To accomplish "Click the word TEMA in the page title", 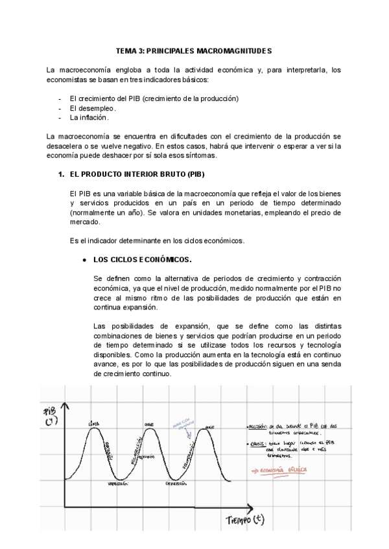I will click(126, 50).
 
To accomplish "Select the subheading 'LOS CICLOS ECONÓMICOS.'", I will click(143, 260).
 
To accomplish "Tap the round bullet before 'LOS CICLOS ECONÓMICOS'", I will click(84, 260).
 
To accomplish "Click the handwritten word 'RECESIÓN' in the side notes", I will click(258, 427).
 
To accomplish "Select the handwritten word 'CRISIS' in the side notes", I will click(257, 444).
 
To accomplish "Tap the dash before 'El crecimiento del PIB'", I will click(60, 98).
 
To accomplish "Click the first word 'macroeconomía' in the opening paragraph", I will click(81, 70).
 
